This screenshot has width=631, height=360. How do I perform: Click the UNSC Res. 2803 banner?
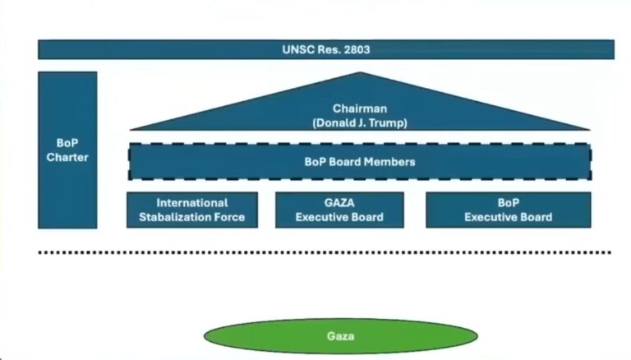[x=325, y=49]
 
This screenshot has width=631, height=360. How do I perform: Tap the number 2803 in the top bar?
[x=355, y=49]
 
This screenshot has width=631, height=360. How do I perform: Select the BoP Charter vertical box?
[x=67, y=150]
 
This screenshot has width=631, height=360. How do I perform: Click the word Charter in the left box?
[x=67, y=157]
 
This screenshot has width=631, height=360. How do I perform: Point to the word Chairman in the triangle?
[x=359, y=108]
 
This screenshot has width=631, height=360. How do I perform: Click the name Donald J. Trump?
[x=359, y=122]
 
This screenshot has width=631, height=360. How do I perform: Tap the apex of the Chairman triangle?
[x=359, y=75]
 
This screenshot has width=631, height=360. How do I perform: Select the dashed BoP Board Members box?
[x=359, y=162]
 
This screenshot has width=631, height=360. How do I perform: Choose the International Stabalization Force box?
[x=192, y=210]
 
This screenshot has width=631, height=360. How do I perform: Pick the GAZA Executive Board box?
[x=339, y=210]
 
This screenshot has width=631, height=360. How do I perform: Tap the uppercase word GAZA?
[x=339, y=202]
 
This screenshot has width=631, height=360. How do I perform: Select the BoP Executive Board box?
[x=508, y=210]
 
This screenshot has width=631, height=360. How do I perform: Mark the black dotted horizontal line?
[x=325, y=252]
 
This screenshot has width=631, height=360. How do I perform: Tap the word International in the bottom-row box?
[x=192, y=202]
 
